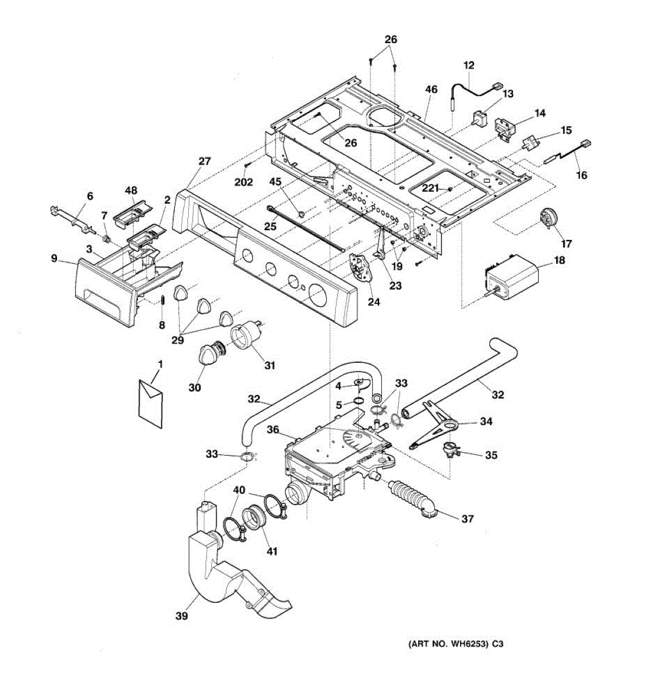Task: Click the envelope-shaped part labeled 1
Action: coord(151,397)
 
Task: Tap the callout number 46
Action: coord(431,89)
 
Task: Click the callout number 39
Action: coord(182,616)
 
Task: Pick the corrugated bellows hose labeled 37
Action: coord(412,496)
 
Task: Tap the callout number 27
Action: coord(205,162)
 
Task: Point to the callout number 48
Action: coord(131,191)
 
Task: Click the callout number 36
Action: coord(273,430)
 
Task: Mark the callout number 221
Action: coord(430,188)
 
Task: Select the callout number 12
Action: coord(469,66)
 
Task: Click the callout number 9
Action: coord(54,259)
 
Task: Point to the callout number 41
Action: coord(271,551)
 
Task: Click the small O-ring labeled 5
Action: coord(357,403)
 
